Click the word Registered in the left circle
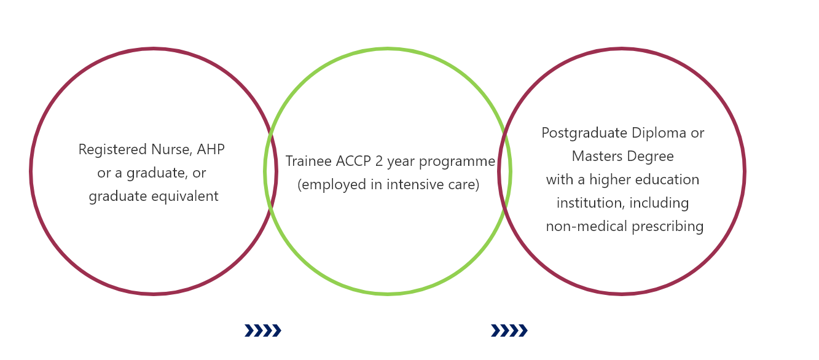[x=112, y=150]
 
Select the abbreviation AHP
[x=211, y=149]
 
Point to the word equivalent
[x=185, y=196]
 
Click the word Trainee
[x=308, y=161]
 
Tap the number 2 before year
[x=379, y=161]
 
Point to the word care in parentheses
[x=464, y=185]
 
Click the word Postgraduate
[x=584, y=133]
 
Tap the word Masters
[x=597, y=157]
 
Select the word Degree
[x=651, y=157]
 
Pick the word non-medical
[x=587, y=227]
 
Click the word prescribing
[x=668, y=227]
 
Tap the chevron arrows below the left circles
[x=263, y=331]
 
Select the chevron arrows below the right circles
[x=509, y=331]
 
